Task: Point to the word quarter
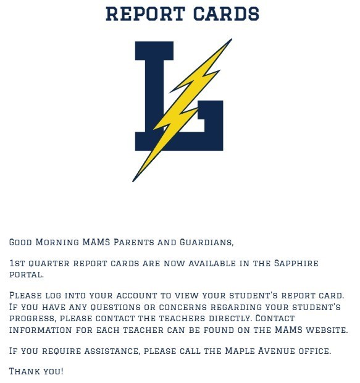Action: [49, 264]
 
